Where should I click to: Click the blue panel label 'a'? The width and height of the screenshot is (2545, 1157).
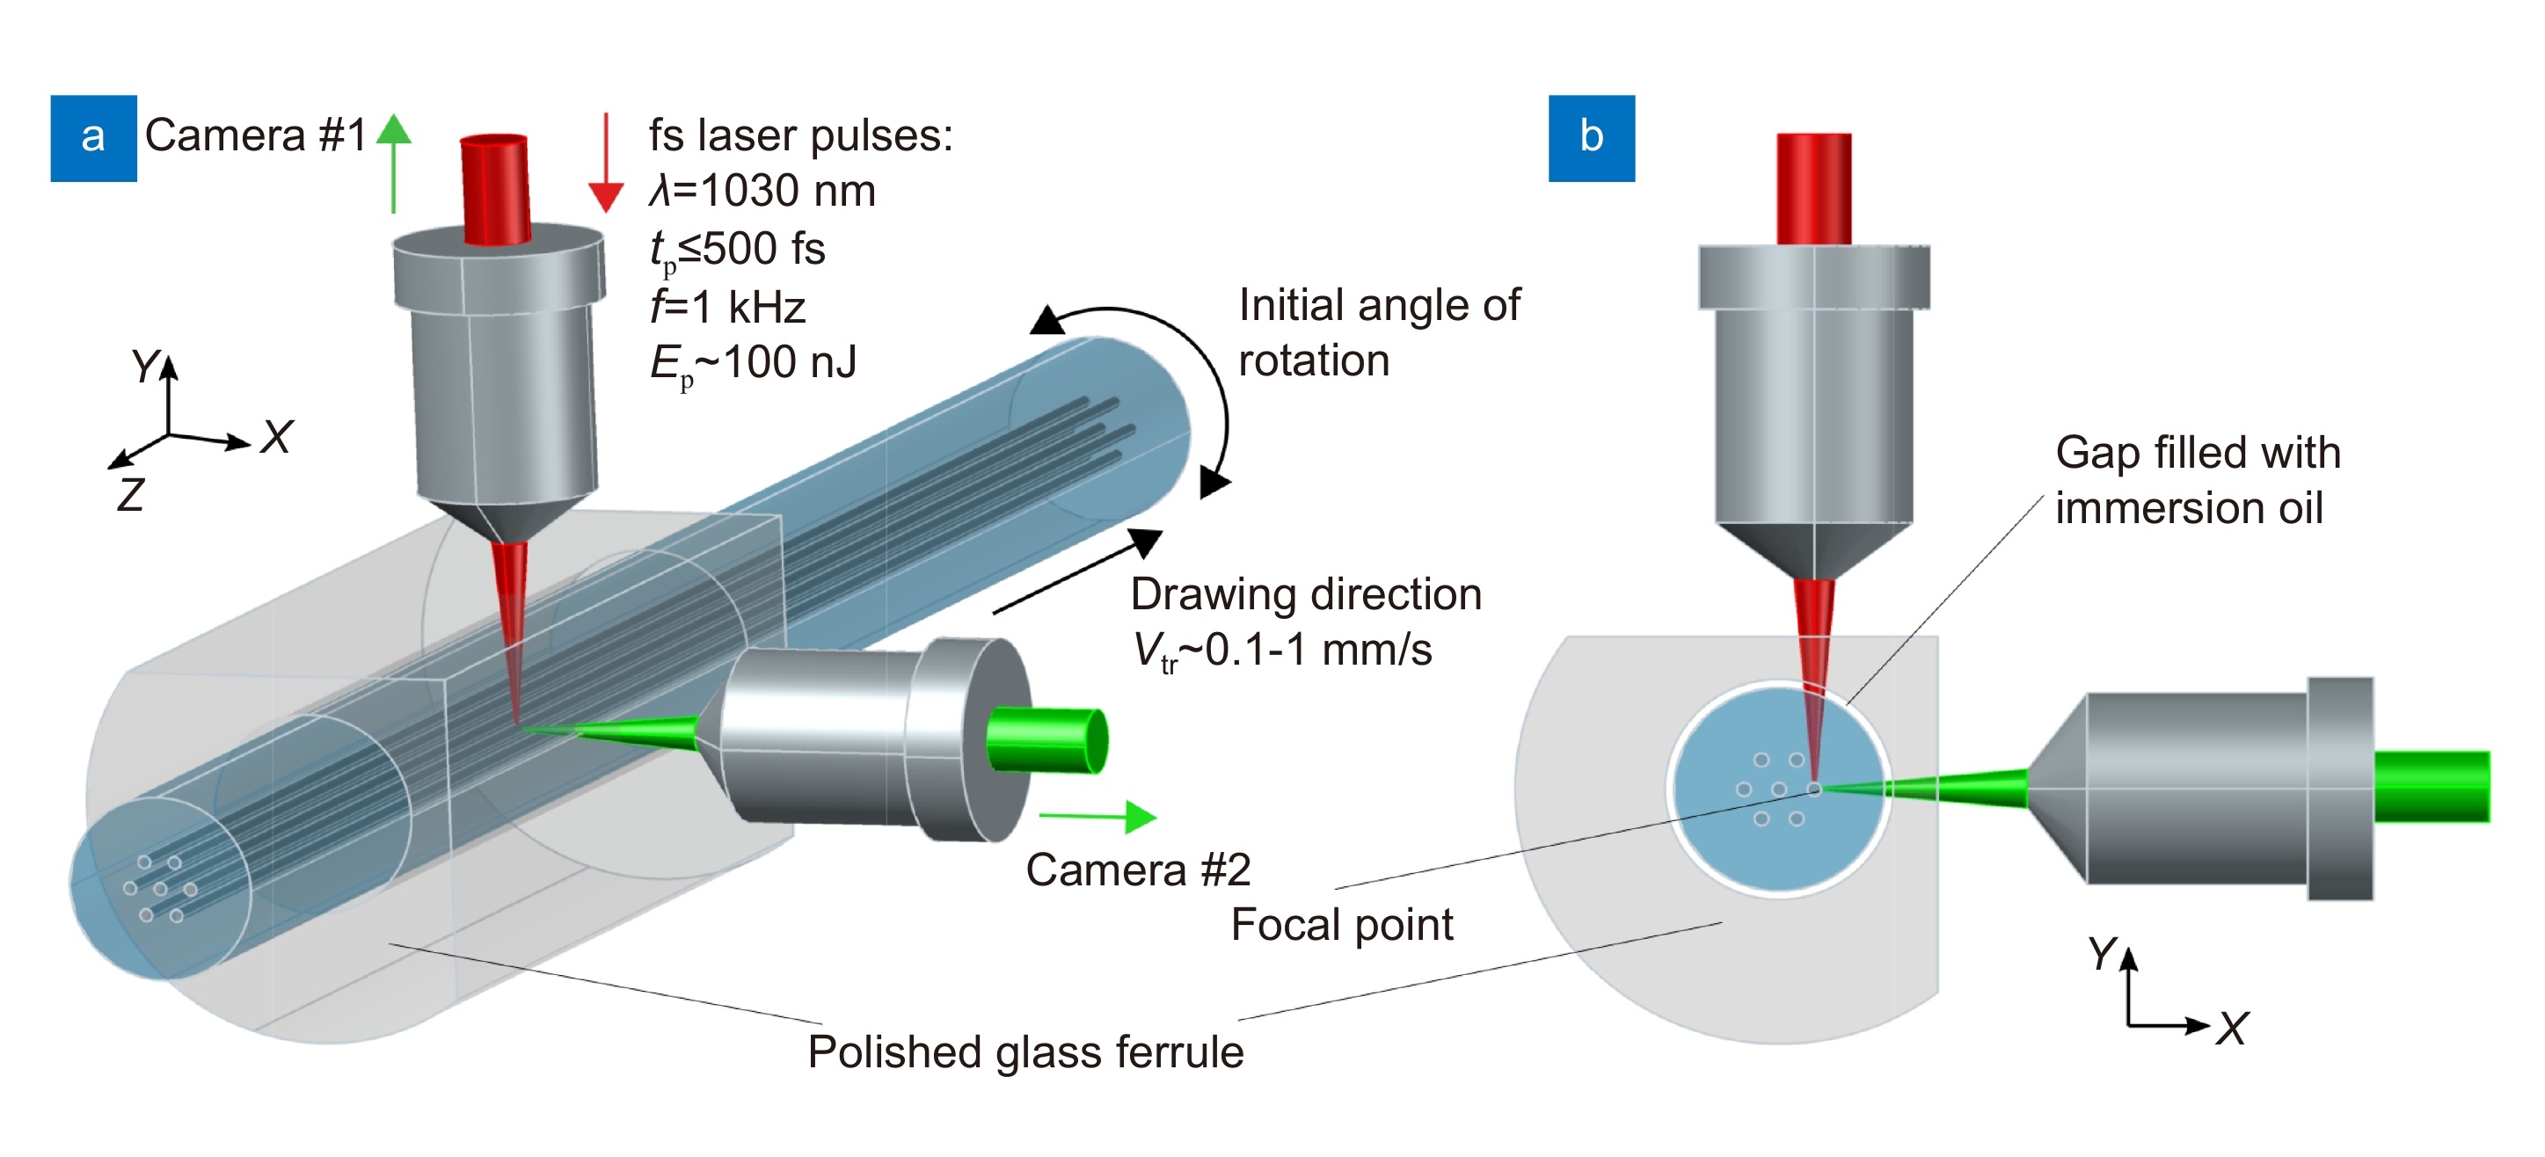(93, 137)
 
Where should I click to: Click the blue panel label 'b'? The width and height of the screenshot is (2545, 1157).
(1591, 137)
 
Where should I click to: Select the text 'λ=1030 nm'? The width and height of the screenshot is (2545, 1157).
(762, 191)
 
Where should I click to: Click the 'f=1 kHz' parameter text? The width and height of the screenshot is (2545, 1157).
(728, 308)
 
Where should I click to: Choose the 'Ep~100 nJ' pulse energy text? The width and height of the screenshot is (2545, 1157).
(753, 364)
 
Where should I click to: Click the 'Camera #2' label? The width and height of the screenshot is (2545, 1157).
(1138, 870)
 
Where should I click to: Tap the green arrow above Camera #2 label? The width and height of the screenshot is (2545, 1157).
(1097, 816)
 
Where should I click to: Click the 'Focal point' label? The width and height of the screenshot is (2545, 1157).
(1341, 925)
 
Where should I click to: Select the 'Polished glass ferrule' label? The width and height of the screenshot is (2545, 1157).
(1025, 1051)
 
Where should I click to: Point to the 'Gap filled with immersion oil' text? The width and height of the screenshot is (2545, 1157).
(2198, 480)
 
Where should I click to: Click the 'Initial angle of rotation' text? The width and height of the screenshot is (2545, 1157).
(1378, 333)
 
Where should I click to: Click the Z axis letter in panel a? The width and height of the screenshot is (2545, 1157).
(130, 494)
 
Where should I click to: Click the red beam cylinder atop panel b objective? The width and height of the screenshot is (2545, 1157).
(1813, 188)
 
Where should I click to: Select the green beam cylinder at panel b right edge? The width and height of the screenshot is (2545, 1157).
(2431, 787)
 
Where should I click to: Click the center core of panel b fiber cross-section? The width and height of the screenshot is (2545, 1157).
(1778, 789)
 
